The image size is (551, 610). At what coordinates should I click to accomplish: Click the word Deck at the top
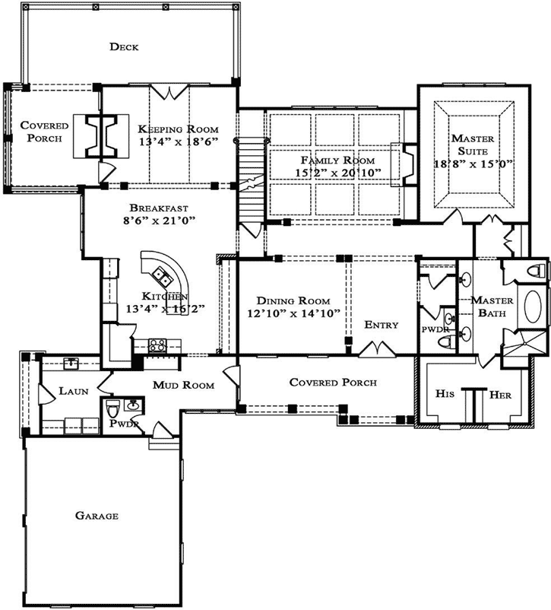[x=124, y=47]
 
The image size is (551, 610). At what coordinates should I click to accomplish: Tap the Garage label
[x=97, y=516]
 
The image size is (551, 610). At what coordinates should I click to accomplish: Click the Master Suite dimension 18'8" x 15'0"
[x=473, y=164]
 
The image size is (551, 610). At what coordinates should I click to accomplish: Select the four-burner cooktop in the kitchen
[x=157, y=346]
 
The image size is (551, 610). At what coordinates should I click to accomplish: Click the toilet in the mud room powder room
[x=112, y=407]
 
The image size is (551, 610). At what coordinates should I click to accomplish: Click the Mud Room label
[x=183, y=386]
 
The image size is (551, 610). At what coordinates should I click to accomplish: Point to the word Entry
[x=381, y=325]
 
